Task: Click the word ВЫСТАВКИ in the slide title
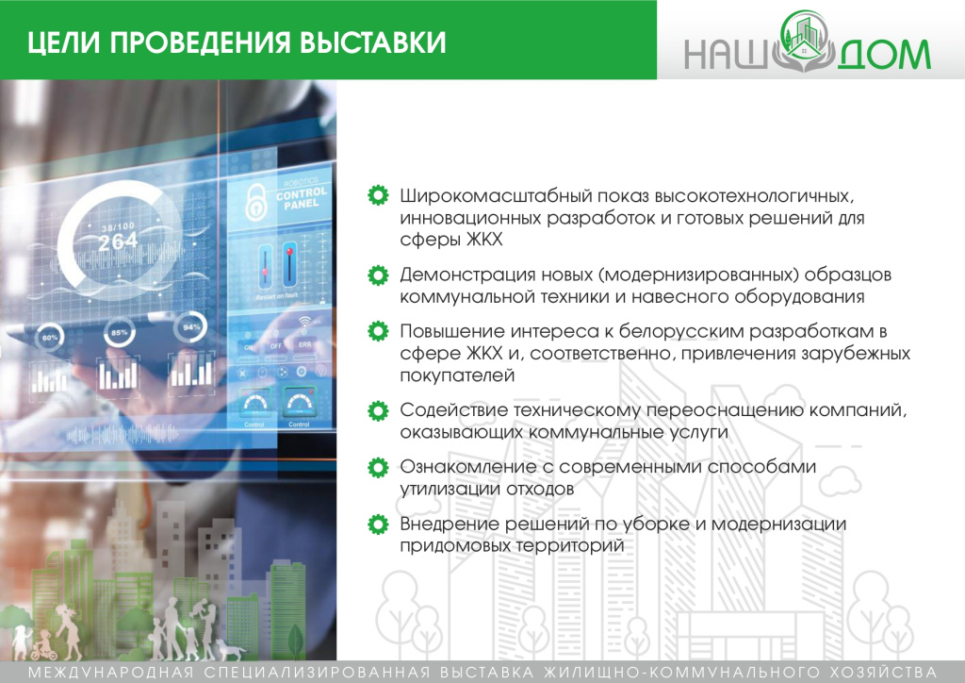click(x=368, y=43)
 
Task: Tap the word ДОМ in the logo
click(x=883, y=55)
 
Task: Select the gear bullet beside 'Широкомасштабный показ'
click(x=377, y=196)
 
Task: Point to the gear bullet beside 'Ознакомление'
click(x=377, y=467)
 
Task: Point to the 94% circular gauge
click(x=193, y=326)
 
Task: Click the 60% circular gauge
click(x=50, y=337)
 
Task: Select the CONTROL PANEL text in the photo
click(x=302, y=196)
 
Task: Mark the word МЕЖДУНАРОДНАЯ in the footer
click(x=106, y=672)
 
